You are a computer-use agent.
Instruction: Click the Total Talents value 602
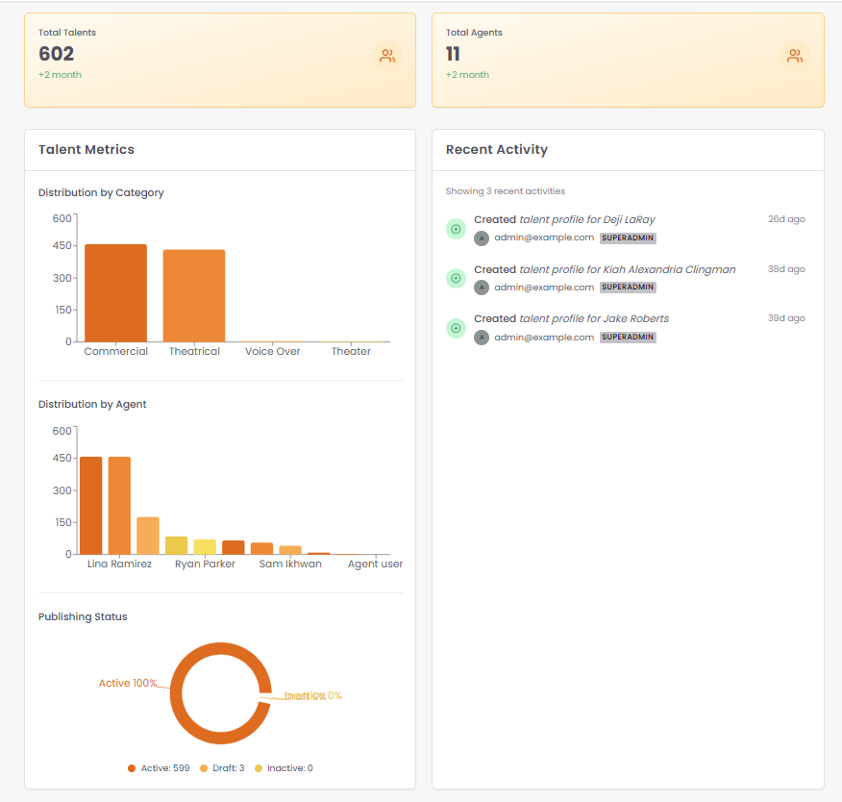[x=56, y=54]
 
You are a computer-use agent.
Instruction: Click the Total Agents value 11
[x=454, y=54]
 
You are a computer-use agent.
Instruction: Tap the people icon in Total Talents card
[x=387, y=56]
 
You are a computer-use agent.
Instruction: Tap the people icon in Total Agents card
[x=795, y=56]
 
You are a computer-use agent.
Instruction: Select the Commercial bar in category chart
[x=115, y=292]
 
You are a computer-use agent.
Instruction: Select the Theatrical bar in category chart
[x=193, y=295]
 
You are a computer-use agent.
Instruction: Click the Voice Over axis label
[x=272, y=352]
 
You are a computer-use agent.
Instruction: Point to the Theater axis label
[x=351, y=352]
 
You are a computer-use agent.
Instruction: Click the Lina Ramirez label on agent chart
[x=119, y=564]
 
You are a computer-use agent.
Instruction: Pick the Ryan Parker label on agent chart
[x=205, y=564]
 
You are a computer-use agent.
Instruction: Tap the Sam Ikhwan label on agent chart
[x=290, y=564]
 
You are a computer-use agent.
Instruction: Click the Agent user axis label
[x=375, y=564]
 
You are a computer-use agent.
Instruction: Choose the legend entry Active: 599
[x=160, y=768]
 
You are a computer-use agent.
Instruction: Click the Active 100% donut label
[x=128, y=684]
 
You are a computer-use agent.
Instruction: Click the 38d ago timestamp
[x=786, y=269]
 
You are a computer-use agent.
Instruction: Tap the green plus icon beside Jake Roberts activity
[x=456, y=328]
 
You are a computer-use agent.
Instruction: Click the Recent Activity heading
[x=497, y=150]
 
